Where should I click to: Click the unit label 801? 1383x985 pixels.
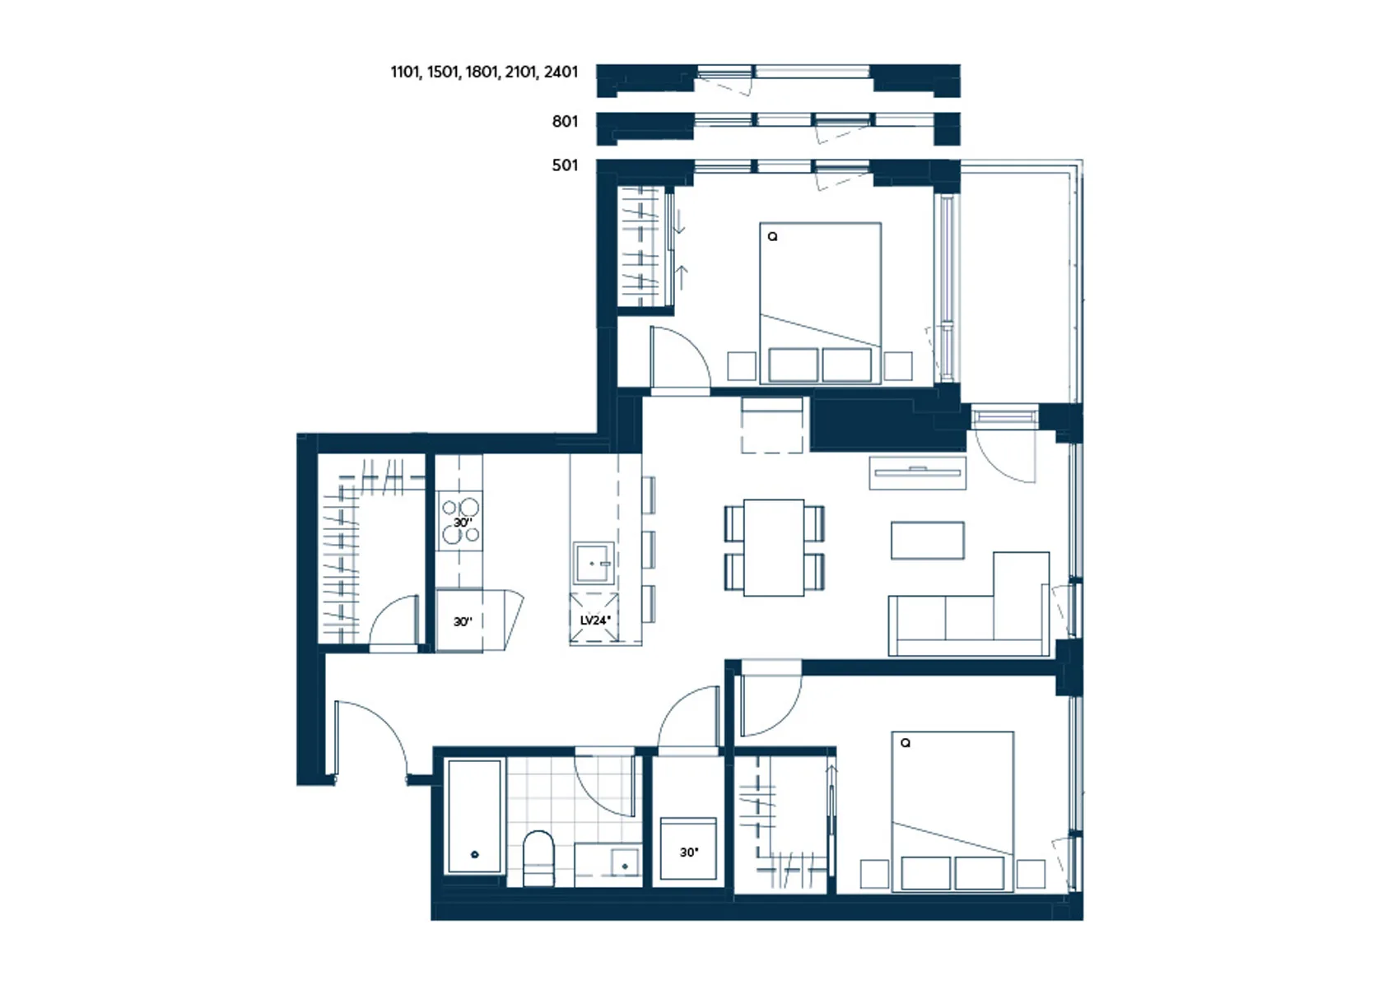pos(565,122)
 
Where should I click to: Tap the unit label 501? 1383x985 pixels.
pos(565,165)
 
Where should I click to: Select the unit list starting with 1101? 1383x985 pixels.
pos(485,72)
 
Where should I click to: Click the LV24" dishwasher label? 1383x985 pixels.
pos(595,620)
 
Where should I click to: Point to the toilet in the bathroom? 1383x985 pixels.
pos(538,857)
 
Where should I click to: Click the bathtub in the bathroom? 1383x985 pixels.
pos(474,816)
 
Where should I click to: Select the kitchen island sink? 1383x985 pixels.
pos(594,563)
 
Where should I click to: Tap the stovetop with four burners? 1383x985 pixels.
pos(460,521)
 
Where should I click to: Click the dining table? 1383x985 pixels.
pos(774,547)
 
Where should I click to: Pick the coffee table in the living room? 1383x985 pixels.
pos(927,541)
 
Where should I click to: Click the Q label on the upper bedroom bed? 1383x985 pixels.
pos(772,236)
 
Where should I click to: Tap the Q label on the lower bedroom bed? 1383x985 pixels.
pos(906,743)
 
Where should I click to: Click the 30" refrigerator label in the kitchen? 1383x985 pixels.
pos(463,622)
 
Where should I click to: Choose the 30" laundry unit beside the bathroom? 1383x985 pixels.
pos(688,848)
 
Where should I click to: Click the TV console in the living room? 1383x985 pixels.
pos(917,472)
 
